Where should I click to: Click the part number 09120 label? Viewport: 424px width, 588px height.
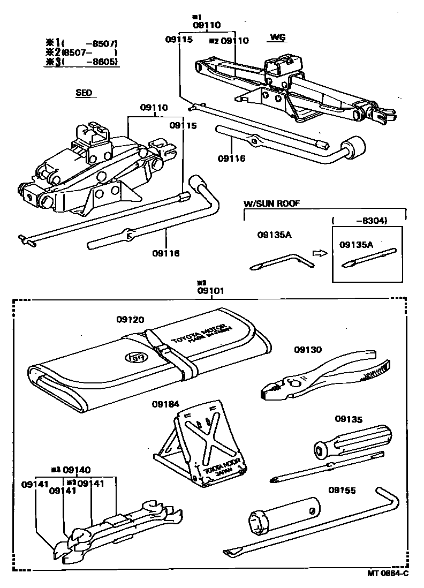pos(130,320)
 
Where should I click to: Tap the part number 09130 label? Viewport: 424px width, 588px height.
pos(308,350)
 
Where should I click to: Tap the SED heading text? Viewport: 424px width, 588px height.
pos(84,93)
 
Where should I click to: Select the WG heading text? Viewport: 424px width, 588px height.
pos(277,37)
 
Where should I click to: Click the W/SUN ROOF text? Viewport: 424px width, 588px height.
pos(271,203)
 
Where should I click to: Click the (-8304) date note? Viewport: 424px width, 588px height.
pos(359,220)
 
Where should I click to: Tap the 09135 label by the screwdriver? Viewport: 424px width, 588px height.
pos(349,418)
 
